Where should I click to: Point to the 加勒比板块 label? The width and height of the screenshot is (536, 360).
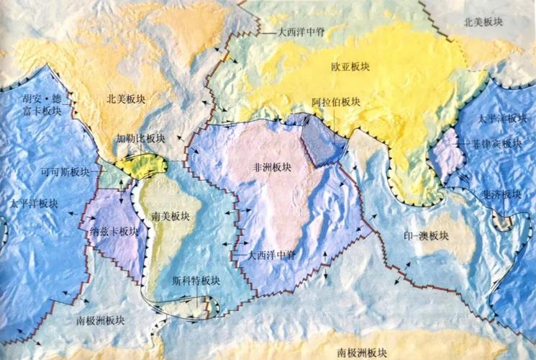point(141,138)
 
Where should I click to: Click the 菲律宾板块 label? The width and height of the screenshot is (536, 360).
point(497,143)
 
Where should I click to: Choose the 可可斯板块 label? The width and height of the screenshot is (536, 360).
point(65,173)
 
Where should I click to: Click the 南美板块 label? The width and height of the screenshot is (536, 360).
point(171,216)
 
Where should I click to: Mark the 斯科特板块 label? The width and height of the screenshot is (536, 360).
point(192,281)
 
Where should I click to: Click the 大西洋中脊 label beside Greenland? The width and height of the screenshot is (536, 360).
point(286,32)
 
